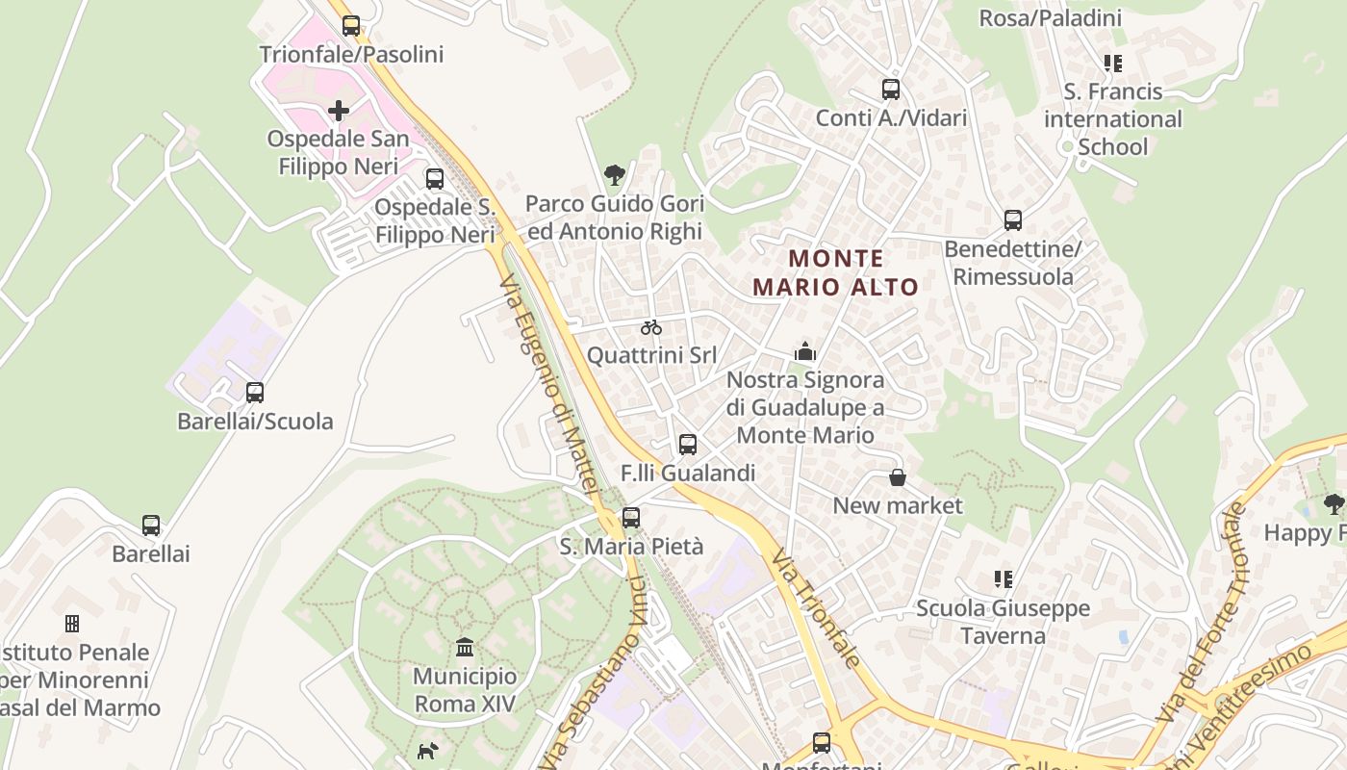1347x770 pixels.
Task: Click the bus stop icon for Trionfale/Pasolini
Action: [x=351, y=26]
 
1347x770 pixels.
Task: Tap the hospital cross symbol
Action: [x=339, y=111]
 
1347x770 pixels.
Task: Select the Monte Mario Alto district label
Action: [x=835, y=272]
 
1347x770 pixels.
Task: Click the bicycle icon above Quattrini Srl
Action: [x=651, y=327]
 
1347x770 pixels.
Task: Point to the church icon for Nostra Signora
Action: [x=805, y=351]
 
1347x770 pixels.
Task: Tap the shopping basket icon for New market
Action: [x=898, y=477]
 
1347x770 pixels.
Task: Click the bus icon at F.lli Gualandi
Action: [x=688, y=445]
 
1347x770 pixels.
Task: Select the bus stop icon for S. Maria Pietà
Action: [x=631, y=518]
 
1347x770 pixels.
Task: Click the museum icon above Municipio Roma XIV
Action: [x=465, y=646]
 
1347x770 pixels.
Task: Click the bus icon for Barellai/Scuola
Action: [x=255, y=393]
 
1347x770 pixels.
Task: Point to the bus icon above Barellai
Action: [x=151, y=526]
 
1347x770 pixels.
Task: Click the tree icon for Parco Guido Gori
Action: [x=614, y=175]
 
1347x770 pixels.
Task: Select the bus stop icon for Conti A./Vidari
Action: [x=891, y=90]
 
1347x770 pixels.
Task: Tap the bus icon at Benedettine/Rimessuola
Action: [x=1013, y=220]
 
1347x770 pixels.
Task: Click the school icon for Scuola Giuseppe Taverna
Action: [x=1004, y=579]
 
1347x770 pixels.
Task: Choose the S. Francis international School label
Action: [x=1113, y=119]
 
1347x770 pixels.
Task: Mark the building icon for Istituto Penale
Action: [x=71, y=624]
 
